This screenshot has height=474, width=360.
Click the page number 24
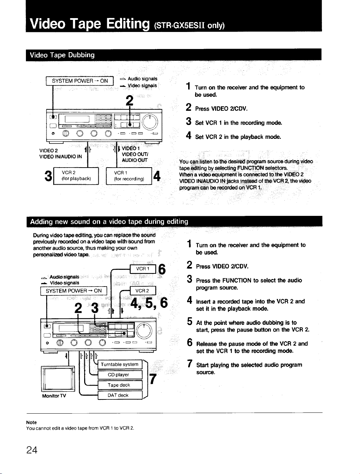(32, 450)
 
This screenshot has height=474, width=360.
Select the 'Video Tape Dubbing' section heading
(62, 55)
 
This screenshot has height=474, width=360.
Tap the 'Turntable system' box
(120, 364)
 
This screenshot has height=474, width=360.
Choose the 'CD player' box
(120, 375)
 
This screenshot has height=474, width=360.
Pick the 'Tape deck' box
(120, 385)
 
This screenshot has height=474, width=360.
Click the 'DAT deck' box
(120, 395)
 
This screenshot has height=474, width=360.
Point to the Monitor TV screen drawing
(58, 379)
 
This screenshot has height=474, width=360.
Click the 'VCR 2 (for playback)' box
(76, 176)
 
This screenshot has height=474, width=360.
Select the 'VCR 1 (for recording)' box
(129, 176)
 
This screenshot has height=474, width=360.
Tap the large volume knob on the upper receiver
(150, 121)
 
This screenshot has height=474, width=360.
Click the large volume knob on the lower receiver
(144, 331)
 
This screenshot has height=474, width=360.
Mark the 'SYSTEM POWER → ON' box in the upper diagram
(80, 81)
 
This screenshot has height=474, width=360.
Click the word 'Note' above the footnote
(31, 422)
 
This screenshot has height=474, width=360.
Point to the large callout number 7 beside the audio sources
(153, 379)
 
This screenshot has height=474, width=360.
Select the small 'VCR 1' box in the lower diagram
(143, 269)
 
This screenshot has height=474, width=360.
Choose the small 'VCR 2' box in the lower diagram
(143, 291)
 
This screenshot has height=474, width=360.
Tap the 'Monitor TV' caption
(54, 396)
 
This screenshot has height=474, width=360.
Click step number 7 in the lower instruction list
(190, 364)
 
